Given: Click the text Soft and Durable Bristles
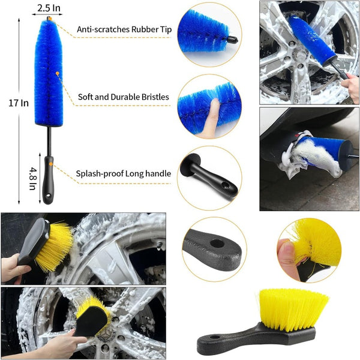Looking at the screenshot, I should coord(123,97).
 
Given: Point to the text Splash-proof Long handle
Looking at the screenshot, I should coord(123,173).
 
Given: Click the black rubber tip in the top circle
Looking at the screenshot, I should coord(232,40).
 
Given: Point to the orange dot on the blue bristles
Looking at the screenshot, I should coord(58,73).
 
